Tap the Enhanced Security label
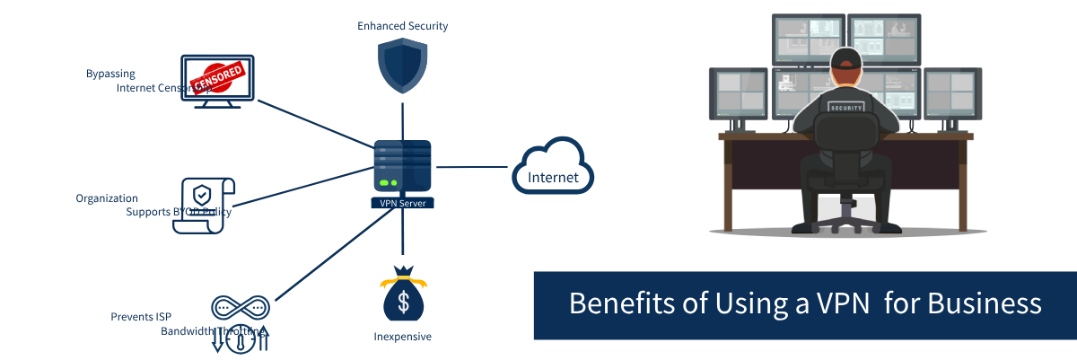tap(402, 26)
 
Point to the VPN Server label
tap(402, 204)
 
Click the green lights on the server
tap(388, 183)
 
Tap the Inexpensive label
tap(402, 337)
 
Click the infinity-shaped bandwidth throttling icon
tap(240, 308)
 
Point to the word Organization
tap(107, 198)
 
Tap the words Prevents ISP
tap(141, 317)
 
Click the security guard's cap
tap(845, 59)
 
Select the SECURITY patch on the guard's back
tap(846, 107)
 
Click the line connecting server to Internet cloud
tap(471, 167)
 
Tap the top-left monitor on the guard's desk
tap(808, 38)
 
